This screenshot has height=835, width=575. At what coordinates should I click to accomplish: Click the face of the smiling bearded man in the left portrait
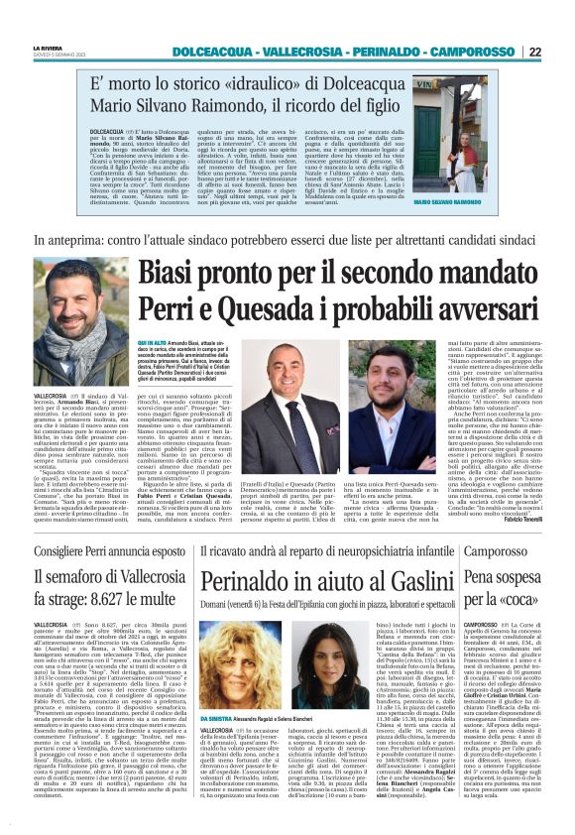click(x=70, y=298)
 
